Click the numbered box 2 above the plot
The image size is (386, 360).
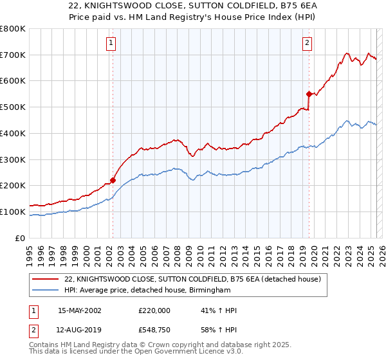click(308, 43)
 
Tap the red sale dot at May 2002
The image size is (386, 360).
click(113, 181)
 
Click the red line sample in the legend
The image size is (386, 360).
click(46, 279)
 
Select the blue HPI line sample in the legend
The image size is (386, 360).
click(46, 291)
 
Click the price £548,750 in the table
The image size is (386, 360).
click(154, 330)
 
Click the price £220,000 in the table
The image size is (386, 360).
click(154, 310)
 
